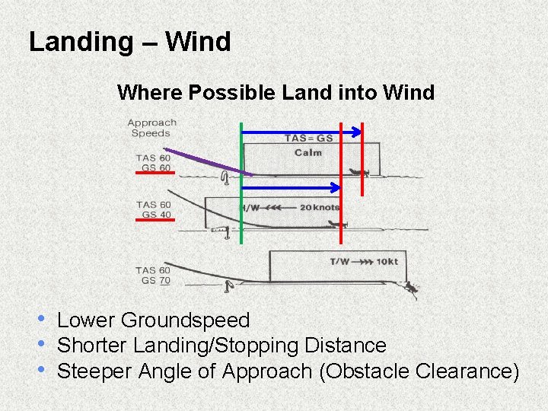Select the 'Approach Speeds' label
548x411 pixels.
click(151, 128)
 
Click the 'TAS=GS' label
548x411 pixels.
click(308, 139)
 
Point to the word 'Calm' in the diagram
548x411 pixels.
click(308, 153)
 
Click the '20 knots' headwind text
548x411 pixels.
click(320, 208)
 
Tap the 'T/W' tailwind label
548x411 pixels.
click(339, 262)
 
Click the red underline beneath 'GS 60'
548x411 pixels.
click(155, 174)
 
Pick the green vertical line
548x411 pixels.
click(241, 183)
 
